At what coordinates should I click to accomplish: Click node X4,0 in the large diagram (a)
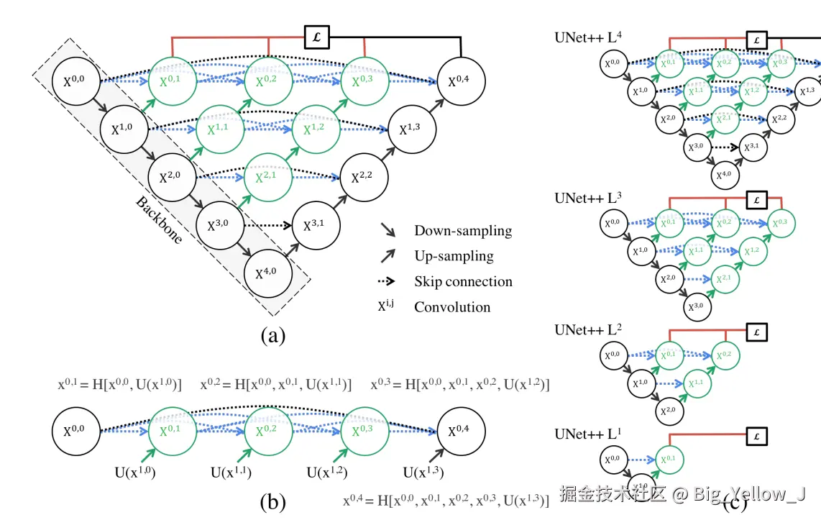coord(268,274)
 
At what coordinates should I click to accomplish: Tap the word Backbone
coord(159,220)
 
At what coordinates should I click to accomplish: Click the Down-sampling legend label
coord(463,231)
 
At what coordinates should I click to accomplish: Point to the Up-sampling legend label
coord(454,256)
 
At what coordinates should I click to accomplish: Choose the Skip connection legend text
coord(463,281)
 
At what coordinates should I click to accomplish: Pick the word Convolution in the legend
coord(452,307)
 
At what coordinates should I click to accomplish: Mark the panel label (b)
coord(272,502)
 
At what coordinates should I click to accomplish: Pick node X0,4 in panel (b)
coord(462,431)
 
